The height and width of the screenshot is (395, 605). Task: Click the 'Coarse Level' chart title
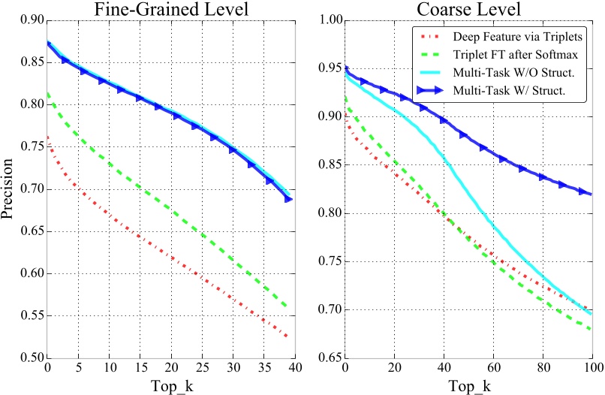tap(468, 10)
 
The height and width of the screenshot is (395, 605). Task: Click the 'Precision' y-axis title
tap(8, 189)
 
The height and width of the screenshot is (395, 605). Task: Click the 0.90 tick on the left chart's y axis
tap(32, 20)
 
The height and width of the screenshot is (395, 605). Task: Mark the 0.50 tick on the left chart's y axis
tap(32, 358)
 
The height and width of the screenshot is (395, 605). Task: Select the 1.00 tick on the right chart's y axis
tap(329, 20)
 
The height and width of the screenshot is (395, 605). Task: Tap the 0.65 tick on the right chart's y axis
tap(329, 358)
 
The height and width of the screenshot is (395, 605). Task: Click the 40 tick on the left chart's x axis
tap(295, 367)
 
